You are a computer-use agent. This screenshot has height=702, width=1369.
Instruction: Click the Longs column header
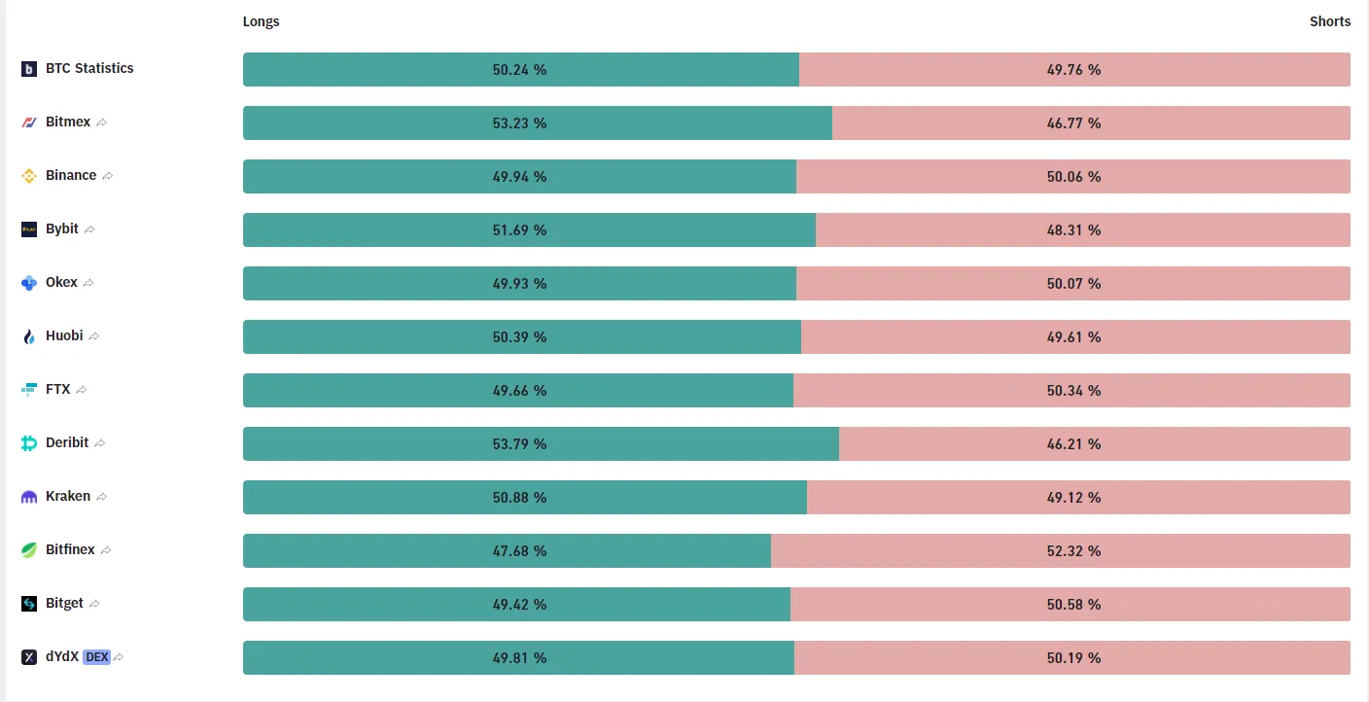(x=261, y=21)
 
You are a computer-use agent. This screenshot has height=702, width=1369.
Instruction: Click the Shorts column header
(x=1330, y=21)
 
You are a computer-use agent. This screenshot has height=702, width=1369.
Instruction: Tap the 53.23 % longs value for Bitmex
(x=519, y=123)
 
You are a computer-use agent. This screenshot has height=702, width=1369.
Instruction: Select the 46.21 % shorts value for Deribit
(x=1073, y=443)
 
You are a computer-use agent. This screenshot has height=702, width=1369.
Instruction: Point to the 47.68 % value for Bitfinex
(x=519, y=550)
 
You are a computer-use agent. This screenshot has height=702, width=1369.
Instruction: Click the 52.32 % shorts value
(x=1073, y=550)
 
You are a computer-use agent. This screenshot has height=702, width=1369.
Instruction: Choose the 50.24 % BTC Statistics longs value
(x=519, y=70)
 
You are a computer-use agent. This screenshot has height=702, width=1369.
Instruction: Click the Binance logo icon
(x=29, y=176)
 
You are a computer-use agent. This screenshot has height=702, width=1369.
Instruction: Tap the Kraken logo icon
(x=29, y=497)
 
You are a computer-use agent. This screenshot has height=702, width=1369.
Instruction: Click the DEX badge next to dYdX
(x=96, y=657)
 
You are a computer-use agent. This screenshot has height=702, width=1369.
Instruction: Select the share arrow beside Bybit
(x=89, y=229)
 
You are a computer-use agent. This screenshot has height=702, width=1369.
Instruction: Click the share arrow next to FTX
(x=82, y=390)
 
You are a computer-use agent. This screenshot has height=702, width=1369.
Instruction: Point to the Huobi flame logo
(x=29, y=336)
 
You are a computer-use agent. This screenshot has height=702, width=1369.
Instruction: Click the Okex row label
(x=61, y=282)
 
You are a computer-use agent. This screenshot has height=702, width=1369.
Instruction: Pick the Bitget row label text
(x=64, y=603)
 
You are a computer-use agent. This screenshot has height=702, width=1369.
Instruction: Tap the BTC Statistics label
(x=89, y=68)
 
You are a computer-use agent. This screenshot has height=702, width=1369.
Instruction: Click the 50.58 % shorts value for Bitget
(x=1073, y=604)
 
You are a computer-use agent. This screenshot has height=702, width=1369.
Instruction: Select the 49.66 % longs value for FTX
(x=519, y=391)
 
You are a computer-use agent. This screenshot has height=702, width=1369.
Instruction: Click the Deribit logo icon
(x=29, y=443)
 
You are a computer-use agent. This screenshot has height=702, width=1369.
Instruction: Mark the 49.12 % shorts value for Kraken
(x=1073, y=497)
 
